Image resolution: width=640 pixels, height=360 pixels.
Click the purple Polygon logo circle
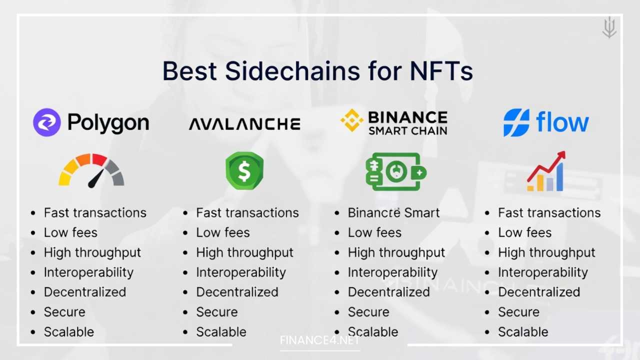click(x=47, y=122)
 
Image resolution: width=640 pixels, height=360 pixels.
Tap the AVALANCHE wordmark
click(x=244, y=124)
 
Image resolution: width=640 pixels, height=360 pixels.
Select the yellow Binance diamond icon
click(x=352, y=120)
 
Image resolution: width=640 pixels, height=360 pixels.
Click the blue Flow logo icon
click(x=516, y=122)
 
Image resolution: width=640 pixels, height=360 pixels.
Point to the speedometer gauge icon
click(x=91, y=170)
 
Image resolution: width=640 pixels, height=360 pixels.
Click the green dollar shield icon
click(x=244, y=171)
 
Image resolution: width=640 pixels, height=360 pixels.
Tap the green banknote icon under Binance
click(x=395, y=171)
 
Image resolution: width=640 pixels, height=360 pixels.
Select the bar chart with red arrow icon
click(x=546, y=171)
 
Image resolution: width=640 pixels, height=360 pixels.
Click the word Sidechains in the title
click(x=292, y=71)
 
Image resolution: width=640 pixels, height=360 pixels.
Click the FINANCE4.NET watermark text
click(x=319, y=341)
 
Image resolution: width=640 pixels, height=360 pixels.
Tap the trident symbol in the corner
click(x=609, y=27)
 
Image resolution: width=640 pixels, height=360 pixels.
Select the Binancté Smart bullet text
click(x=393, y=212)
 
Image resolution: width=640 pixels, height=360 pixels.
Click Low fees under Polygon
click(x=70, y=232)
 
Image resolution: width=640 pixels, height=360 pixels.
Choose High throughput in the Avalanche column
click(x=244, y=252)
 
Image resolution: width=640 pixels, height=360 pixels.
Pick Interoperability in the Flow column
click(x=542, y=272)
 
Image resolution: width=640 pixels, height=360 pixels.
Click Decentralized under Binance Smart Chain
click(x=388, y=292)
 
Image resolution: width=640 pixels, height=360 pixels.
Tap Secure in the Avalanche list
click(x=216, y=312)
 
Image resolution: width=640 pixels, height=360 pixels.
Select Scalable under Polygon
click(x=68, y=332)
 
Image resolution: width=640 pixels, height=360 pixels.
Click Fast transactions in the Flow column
click(x=549, y=212)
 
